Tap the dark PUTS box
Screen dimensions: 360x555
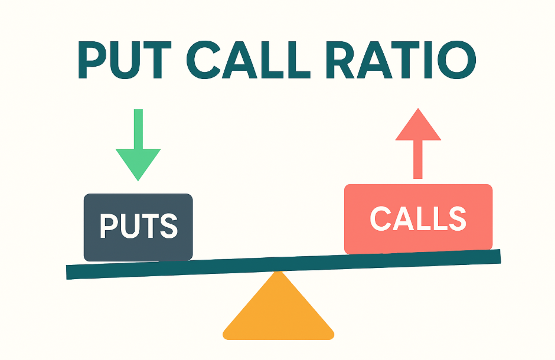[x=138, y=227]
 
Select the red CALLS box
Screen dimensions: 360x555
[x=418, y=219]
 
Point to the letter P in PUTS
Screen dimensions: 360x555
[x=109, y=227]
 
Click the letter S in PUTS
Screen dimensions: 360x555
[x=169, y=227]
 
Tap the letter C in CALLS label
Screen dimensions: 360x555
[x=381, y=219]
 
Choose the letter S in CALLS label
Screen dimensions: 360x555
[x=456, y=219]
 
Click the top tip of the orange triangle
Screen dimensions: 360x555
[x=278, y=273]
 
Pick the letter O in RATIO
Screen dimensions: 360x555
[x=456, y=61]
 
